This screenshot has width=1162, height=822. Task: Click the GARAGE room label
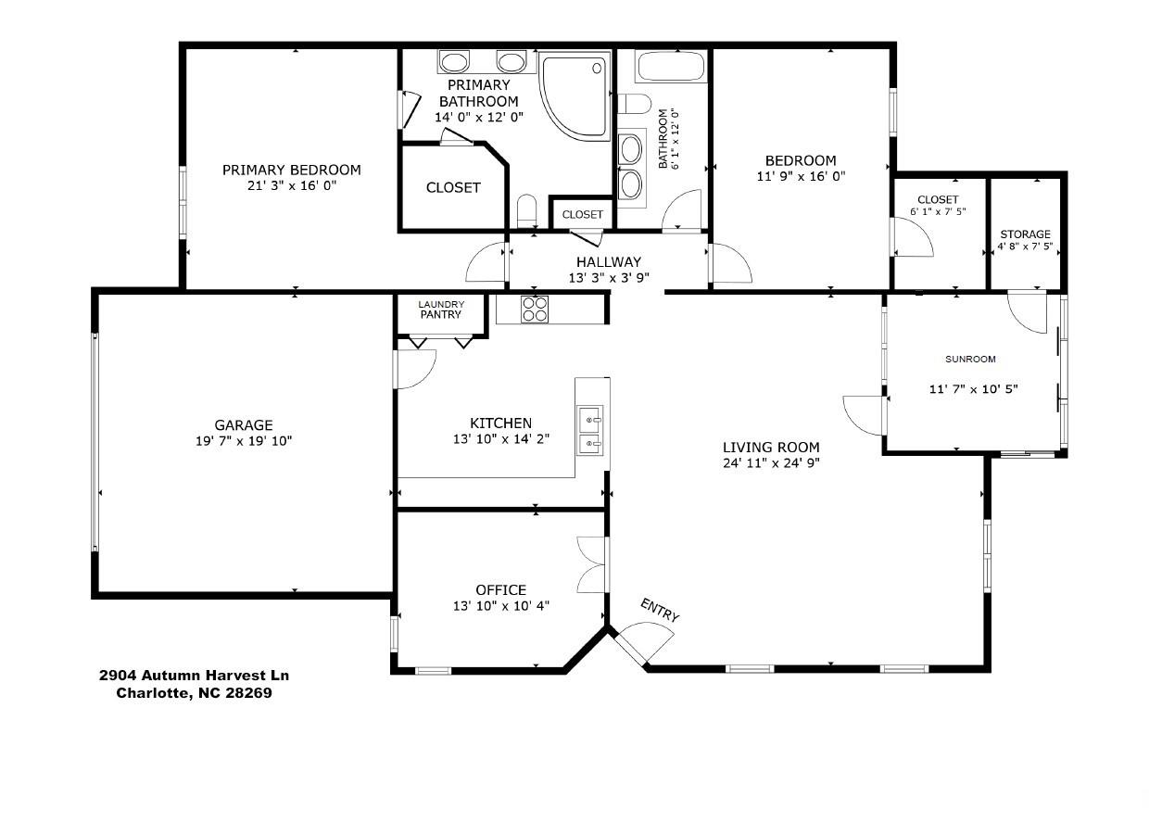(x=244, y=425)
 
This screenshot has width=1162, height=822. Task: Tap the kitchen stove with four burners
(x=535, y=310)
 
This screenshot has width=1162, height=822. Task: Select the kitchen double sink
(x=590, y=431)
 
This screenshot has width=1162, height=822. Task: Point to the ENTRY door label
(x=660, y=610)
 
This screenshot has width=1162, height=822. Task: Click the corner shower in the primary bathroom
(x=575, y=96)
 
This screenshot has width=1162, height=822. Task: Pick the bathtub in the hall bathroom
(x=671, y=66)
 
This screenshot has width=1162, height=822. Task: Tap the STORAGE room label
(x=1025, y=234)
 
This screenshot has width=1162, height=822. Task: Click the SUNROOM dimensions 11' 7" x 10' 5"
(x=973, y=388)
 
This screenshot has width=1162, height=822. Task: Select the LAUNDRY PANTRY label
(x=441, y=310)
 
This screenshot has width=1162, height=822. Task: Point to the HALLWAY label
(x=609, y=261)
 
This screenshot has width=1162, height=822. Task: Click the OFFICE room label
(x=500, y=589)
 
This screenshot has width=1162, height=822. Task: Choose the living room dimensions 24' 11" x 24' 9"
(x=771, y=462)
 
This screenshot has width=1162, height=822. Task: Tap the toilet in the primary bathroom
(x=526, y=210)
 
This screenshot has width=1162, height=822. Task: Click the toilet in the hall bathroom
(x=634, y=104)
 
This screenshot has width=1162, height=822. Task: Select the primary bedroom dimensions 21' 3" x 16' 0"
(x=292, y=185)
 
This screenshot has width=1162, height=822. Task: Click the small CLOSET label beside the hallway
(x=582, y=214)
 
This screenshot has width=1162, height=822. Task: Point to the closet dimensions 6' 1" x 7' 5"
(x=938, y=211)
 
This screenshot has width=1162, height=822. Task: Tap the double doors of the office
(x=592, y=564)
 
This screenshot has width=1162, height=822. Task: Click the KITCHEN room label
(x=500, y=423)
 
